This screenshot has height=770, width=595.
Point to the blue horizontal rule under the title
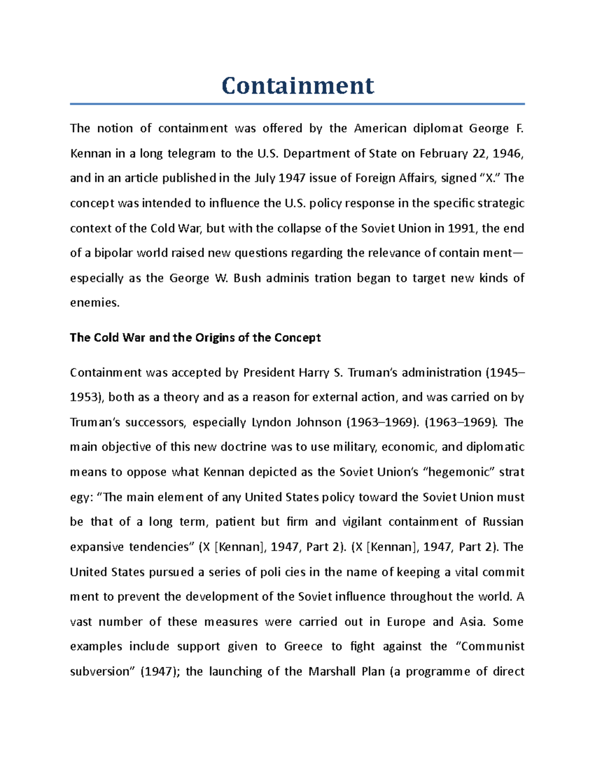point(297,104)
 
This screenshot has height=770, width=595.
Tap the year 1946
point(507,154)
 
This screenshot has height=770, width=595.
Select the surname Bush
point(247,278)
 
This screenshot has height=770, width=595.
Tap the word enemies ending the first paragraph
point(94,303)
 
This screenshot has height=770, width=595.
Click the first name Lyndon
point(273,422)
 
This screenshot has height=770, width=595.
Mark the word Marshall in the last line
point(331,672)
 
